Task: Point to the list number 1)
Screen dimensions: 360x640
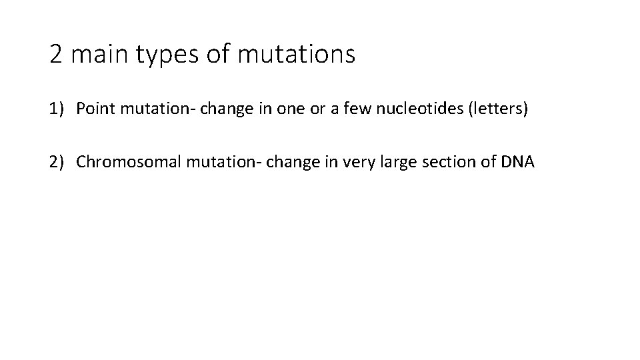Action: (57, 109)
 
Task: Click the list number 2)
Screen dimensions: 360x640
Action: (57, 162)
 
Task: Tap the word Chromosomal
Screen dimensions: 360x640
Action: (128, 162)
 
